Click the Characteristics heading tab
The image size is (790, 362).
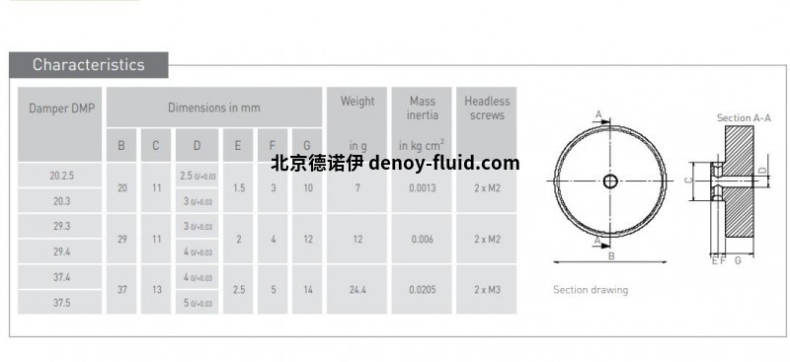[88, 65]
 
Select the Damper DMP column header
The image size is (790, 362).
[61, 108]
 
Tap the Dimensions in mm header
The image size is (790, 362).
[213, 108]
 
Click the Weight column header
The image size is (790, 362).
[356, 101]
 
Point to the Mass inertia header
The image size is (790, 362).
[422, 108]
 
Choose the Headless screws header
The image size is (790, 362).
[487, 108]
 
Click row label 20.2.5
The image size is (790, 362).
[61, 176]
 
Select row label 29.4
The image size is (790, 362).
[61, 252]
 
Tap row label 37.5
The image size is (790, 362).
[61, 303]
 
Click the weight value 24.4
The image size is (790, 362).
[356, 290]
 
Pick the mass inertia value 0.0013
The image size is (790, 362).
[422, 187]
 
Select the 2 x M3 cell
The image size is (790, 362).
[487, 290]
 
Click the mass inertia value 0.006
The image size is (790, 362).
[422, 239]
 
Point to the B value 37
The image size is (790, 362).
[121, 290]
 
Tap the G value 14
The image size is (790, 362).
[307, 290]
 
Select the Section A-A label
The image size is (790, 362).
[744, 118]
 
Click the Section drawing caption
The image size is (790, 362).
[590, 290]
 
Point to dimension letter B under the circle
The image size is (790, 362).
[611, 256]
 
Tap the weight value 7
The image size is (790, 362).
[356, 187]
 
